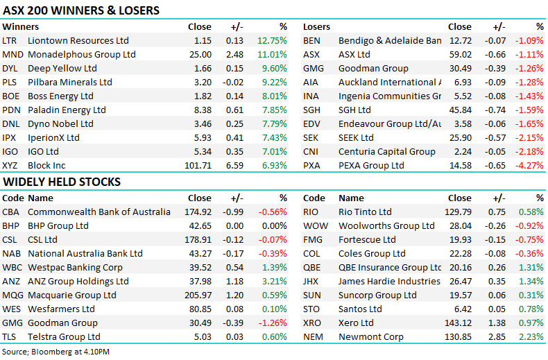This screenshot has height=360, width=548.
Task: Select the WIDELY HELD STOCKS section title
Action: coord(62,182)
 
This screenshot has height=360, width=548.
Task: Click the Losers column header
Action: coord(316,27)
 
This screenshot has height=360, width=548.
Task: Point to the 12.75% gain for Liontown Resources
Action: coord(272,41)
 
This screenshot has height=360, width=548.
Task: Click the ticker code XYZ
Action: coord(11,165)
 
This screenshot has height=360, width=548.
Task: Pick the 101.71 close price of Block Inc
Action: coord(198,165)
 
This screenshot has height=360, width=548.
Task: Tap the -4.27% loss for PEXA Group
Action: coord(529,165)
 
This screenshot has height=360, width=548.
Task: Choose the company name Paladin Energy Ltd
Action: coord(67,110)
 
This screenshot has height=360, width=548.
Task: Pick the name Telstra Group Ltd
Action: coord(64,336)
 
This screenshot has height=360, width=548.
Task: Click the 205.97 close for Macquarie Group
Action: coord(198,295)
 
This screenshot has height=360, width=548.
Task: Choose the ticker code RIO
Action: coord(311,212)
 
